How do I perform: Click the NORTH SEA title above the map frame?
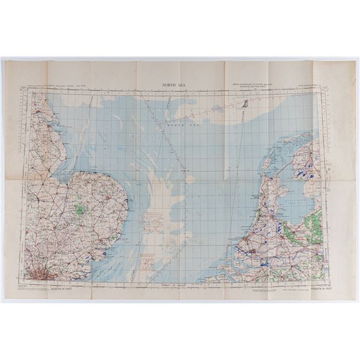point(173,86)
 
